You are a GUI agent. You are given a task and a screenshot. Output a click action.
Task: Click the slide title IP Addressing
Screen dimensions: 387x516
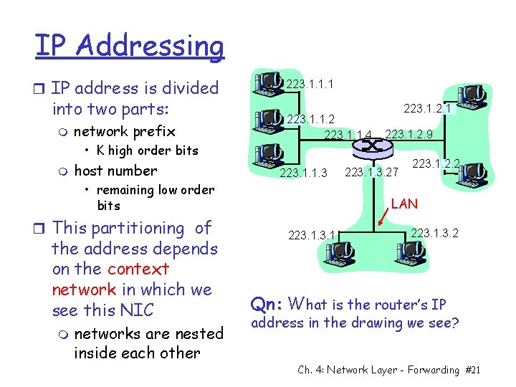pos(129,46)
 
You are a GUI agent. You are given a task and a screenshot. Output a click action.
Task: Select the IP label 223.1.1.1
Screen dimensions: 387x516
pos(309,85)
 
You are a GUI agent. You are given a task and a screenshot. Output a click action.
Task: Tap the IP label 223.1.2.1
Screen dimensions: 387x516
pos(428,108)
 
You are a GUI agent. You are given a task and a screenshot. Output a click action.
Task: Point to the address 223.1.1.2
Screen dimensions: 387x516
pos(311,119)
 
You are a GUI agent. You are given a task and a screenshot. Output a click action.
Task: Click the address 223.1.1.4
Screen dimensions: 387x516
pos(348,134)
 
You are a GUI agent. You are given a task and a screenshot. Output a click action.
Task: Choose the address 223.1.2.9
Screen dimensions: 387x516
pos(409,134)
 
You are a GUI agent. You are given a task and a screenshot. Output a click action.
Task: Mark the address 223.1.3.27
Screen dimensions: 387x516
pos(371,172)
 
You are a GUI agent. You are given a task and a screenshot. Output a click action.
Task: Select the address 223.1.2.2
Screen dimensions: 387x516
pos(436,164)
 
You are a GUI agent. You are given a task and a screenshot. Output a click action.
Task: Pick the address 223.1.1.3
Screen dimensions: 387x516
pos(303,173)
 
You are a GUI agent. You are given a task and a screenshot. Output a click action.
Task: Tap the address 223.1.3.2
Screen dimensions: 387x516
pos(435,234)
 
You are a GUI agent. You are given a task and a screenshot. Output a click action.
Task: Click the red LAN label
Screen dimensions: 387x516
pos(405,204)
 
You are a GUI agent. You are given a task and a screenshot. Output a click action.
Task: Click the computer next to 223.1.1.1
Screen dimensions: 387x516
pos(270,83)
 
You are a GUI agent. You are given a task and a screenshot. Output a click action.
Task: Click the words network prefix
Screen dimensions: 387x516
pos(125,130)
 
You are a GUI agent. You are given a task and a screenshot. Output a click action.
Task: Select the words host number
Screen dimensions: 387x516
pos(115,171)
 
